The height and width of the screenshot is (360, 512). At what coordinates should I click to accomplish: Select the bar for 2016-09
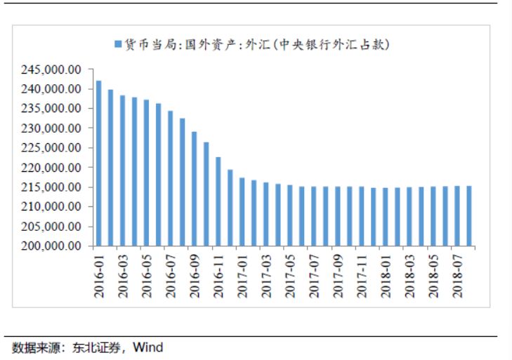pos(194,189)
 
